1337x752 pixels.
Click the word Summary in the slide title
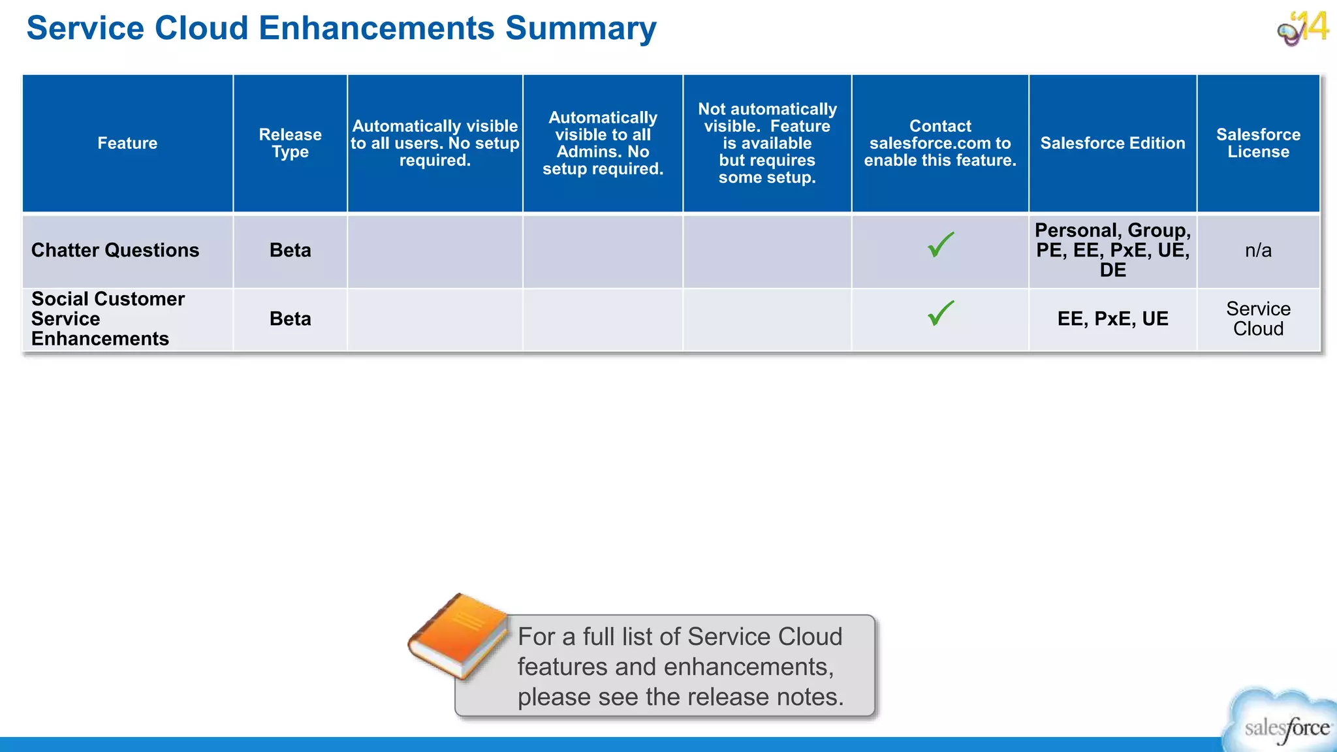580,29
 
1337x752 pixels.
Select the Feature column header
127,143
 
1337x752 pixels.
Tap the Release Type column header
290,143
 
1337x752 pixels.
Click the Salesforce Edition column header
1112,143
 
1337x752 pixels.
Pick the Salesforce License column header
1258,143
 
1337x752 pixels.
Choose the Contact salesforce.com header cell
940,143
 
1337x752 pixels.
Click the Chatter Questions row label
116,250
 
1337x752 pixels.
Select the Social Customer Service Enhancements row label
108,319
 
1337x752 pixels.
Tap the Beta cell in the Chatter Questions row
290,250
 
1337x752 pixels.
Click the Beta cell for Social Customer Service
290,319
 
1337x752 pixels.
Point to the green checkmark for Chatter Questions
940,245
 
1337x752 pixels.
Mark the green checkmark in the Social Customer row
940,314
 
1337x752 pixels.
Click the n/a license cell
1258,250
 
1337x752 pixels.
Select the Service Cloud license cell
1258,319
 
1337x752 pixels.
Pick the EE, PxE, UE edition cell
1112,319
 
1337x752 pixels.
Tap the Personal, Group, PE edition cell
1112,250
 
